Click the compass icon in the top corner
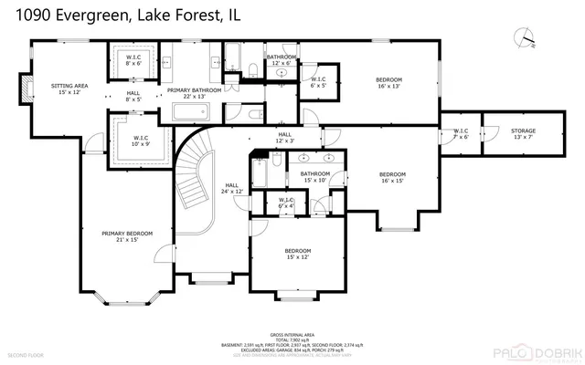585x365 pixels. (524, 37)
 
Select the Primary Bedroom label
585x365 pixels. (126, 236)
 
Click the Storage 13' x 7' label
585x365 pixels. (524, 133)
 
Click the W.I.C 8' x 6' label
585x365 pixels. (133, 60)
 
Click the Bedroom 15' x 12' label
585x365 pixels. (297, 254)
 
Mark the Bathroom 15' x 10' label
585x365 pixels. (315, 176)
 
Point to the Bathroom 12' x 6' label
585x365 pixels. (282, 59)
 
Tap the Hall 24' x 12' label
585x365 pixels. (231, 188)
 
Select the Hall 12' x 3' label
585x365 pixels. (285, 137)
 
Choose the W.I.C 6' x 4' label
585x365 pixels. (285, 203)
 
